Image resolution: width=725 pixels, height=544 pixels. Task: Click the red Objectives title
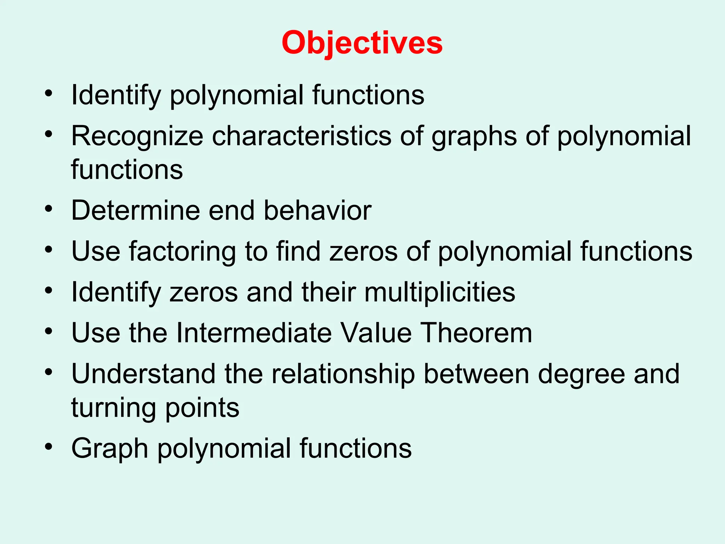362,43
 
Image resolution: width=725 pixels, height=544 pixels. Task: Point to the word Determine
136,210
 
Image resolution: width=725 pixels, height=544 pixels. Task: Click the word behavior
318,210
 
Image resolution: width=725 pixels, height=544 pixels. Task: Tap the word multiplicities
440,293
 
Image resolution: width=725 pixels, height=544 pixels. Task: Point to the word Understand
143,374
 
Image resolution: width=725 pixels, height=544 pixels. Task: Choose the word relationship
343,375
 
